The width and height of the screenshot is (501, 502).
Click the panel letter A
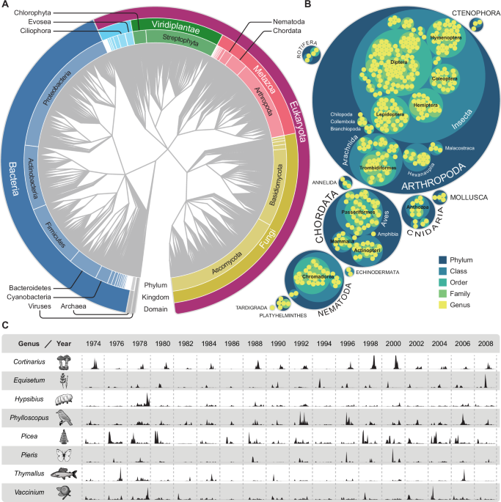(x=5, y=6)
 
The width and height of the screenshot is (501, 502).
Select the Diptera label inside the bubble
(x=399, y=63)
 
